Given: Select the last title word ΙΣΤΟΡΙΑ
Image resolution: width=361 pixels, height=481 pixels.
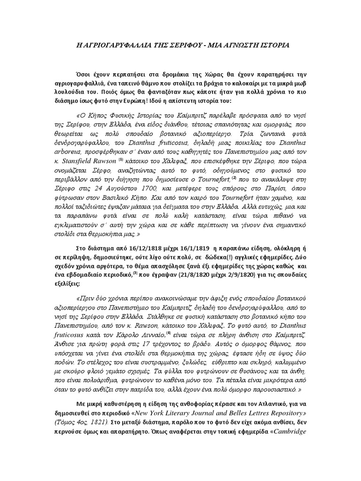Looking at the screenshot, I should click(272, 45).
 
